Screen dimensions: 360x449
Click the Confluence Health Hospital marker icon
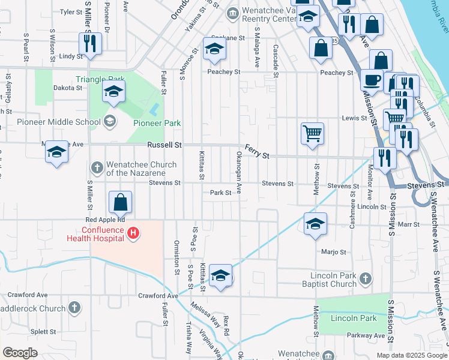click(x=134, y=233)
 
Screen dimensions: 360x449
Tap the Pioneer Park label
click(x=157, y=123)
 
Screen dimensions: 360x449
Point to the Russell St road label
click(x=164, y=145)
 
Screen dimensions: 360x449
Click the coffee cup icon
click(x=372, y=80)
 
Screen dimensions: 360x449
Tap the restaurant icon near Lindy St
click(x=90, y=43)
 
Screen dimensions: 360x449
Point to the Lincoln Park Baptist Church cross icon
click(x=366, y=279)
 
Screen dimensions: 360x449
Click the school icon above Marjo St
click(x=315, y=224)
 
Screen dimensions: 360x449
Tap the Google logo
click(x=20, y=353)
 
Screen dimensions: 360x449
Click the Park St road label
click(x=221, y=193)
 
